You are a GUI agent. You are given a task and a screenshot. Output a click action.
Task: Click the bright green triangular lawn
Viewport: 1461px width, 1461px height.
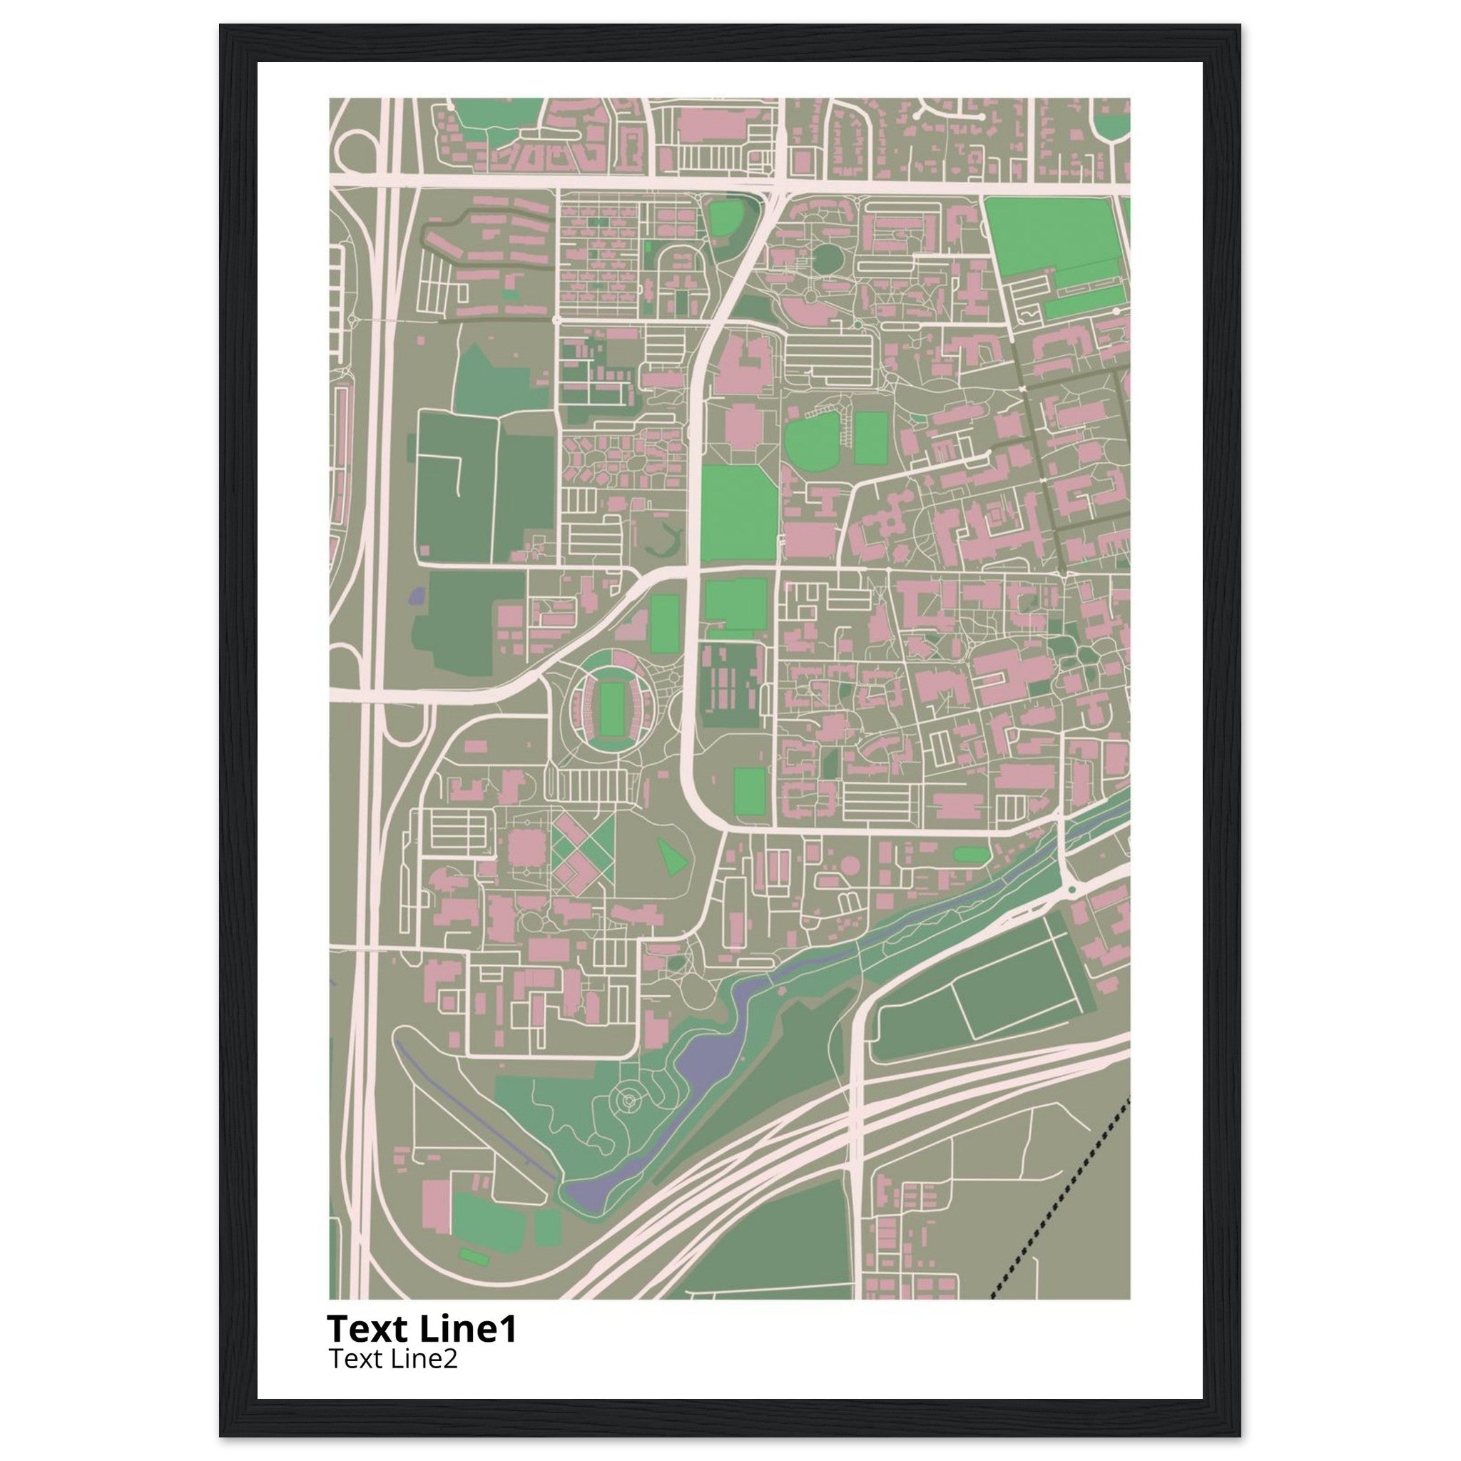pyautogui.click(x=672, y=856)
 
